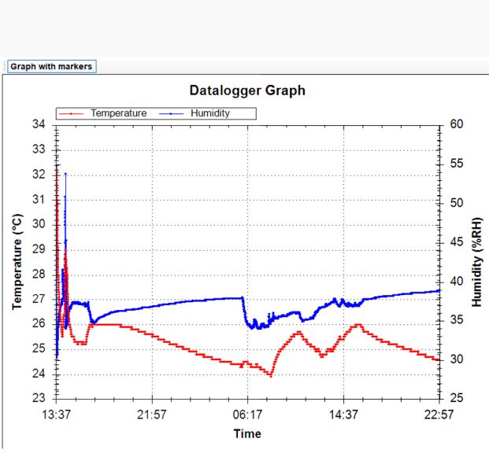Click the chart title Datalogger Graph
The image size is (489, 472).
point(247,90)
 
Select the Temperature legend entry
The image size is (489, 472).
point(118,113)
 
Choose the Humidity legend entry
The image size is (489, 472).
point(210,113)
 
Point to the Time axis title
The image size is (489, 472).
point(247,433)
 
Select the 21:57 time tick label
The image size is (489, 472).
point(152,414)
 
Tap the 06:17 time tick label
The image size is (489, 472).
point(247,414)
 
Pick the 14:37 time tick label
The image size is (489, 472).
point(343,414)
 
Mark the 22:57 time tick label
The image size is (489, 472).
point(438,414)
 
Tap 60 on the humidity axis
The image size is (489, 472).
point(455,124)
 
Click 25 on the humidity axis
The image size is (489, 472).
point(455,399)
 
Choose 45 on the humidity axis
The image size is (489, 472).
point(455,242)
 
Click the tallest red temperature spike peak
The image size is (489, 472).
point(57,166)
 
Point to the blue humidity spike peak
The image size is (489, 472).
point(65,173)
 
